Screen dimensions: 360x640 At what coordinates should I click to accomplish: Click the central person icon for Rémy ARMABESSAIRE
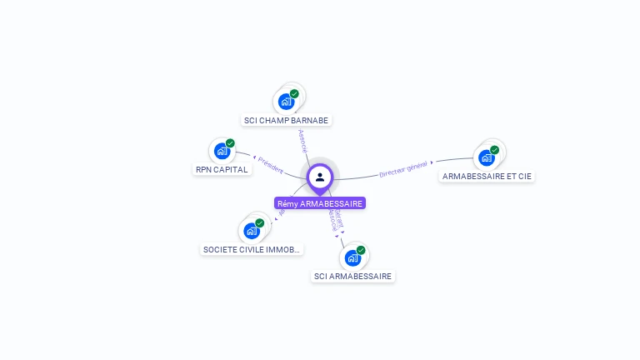tap(320, 177)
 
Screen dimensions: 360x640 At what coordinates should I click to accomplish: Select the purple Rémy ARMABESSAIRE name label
tap(320, 203)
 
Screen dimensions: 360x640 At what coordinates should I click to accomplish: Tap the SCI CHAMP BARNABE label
tap(287, 120)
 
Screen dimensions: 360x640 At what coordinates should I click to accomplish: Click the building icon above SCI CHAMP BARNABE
tap(287, 102)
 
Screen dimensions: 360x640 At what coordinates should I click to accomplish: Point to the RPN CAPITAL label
tap(222, 169)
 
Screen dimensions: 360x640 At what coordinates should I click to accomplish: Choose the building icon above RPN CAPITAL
tap(222, 151)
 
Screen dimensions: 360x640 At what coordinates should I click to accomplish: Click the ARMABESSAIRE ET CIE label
tap(487, 176)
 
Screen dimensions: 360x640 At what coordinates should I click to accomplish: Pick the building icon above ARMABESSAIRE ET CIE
tap(487, 157)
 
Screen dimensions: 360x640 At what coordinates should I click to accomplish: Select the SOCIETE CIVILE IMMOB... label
tap(252, 249)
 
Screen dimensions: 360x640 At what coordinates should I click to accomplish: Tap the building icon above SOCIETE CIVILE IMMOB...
tap(252, 231)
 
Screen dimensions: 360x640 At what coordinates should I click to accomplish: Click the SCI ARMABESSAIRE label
tap(352, 276)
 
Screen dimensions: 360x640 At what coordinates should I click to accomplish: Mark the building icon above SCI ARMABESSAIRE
tap(352, 257)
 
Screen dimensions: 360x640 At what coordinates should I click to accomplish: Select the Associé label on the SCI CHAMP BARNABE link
tap(302, 140)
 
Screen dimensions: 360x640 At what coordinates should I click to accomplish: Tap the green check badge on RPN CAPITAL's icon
tap(230, 143)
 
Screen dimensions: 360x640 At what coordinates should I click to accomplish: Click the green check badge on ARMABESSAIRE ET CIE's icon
tap(495, 150)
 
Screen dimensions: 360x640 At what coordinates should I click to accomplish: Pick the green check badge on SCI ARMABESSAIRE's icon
tap(361, 250)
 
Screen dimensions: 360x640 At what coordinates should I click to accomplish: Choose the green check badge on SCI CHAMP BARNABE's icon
tap(294, 94)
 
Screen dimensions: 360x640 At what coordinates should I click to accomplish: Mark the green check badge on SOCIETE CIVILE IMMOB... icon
tap(260, 223)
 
